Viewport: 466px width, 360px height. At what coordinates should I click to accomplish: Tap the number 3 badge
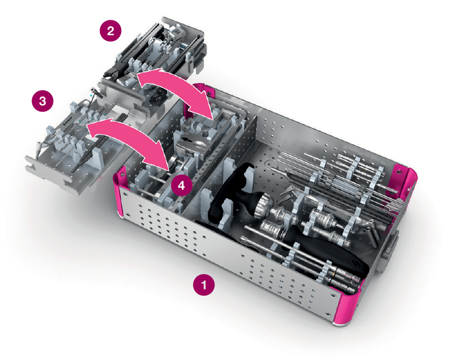[x=42, y=101]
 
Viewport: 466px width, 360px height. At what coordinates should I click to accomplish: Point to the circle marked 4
[x=182, y=185]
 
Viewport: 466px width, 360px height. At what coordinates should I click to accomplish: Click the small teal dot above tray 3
[x=91, y=94]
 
